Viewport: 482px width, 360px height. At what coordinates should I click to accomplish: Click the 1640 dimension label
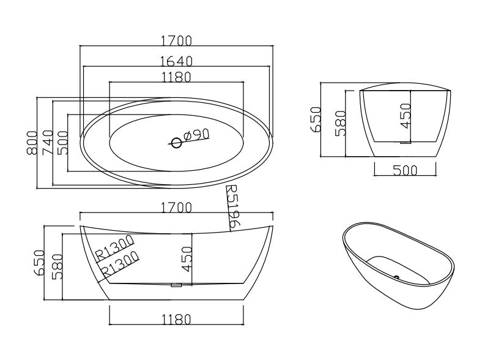[x=176, y=61]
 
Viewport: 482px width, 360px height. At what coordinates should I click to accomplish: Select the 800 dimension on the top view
[x=32, y=143]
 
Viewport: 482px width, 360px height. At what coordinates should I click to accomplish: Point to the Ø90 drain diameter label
[x=196, y=135]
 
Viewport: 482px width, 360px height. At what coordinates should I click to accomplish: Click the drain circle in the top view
[x=176, y=143]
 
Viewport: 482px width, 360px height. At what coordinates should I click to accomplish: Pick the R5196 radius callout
[x=232, y=207]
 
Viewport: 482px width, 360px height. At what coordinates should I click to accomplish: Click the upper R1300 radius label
[x=114, y=247]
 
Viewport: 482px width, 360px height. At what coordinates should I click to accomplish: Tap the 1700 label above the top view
[x=176, y=40]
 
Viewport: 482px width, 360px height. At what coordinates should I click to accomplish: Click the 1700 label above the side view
[x=176, y=207]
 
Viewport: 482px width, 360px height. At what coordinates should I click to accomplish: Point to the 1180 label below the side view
[x=176, y=319]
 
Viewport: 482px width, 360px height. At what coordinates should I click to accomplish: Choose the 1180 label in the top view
[x=176, y=77]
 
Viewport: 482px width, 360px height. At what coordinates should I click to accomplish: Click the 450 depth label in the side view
[x=187, y=259]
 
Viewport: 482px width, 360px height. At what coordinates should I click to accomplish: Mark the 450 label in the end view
[x=406, y=116]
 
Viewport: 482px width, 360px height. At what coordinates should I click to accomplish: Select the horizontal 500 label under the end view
[x=406, y=170]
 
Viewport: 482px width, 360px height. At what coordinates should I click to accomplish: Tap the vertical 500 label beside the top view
[x=62, y=143]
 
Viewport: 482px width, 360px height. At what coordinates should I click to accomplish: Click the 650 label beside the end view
[x=316, y=119]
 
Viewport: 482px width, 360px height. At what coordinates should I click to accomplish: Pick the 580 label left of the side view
[x=57, y=266]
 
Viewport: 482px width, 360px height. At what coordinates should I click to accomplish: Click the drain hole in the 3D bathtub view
[x=397, y=277]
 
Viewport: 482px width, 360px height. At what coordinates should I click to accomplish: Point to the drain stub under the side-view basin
[x=176, y=285]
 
